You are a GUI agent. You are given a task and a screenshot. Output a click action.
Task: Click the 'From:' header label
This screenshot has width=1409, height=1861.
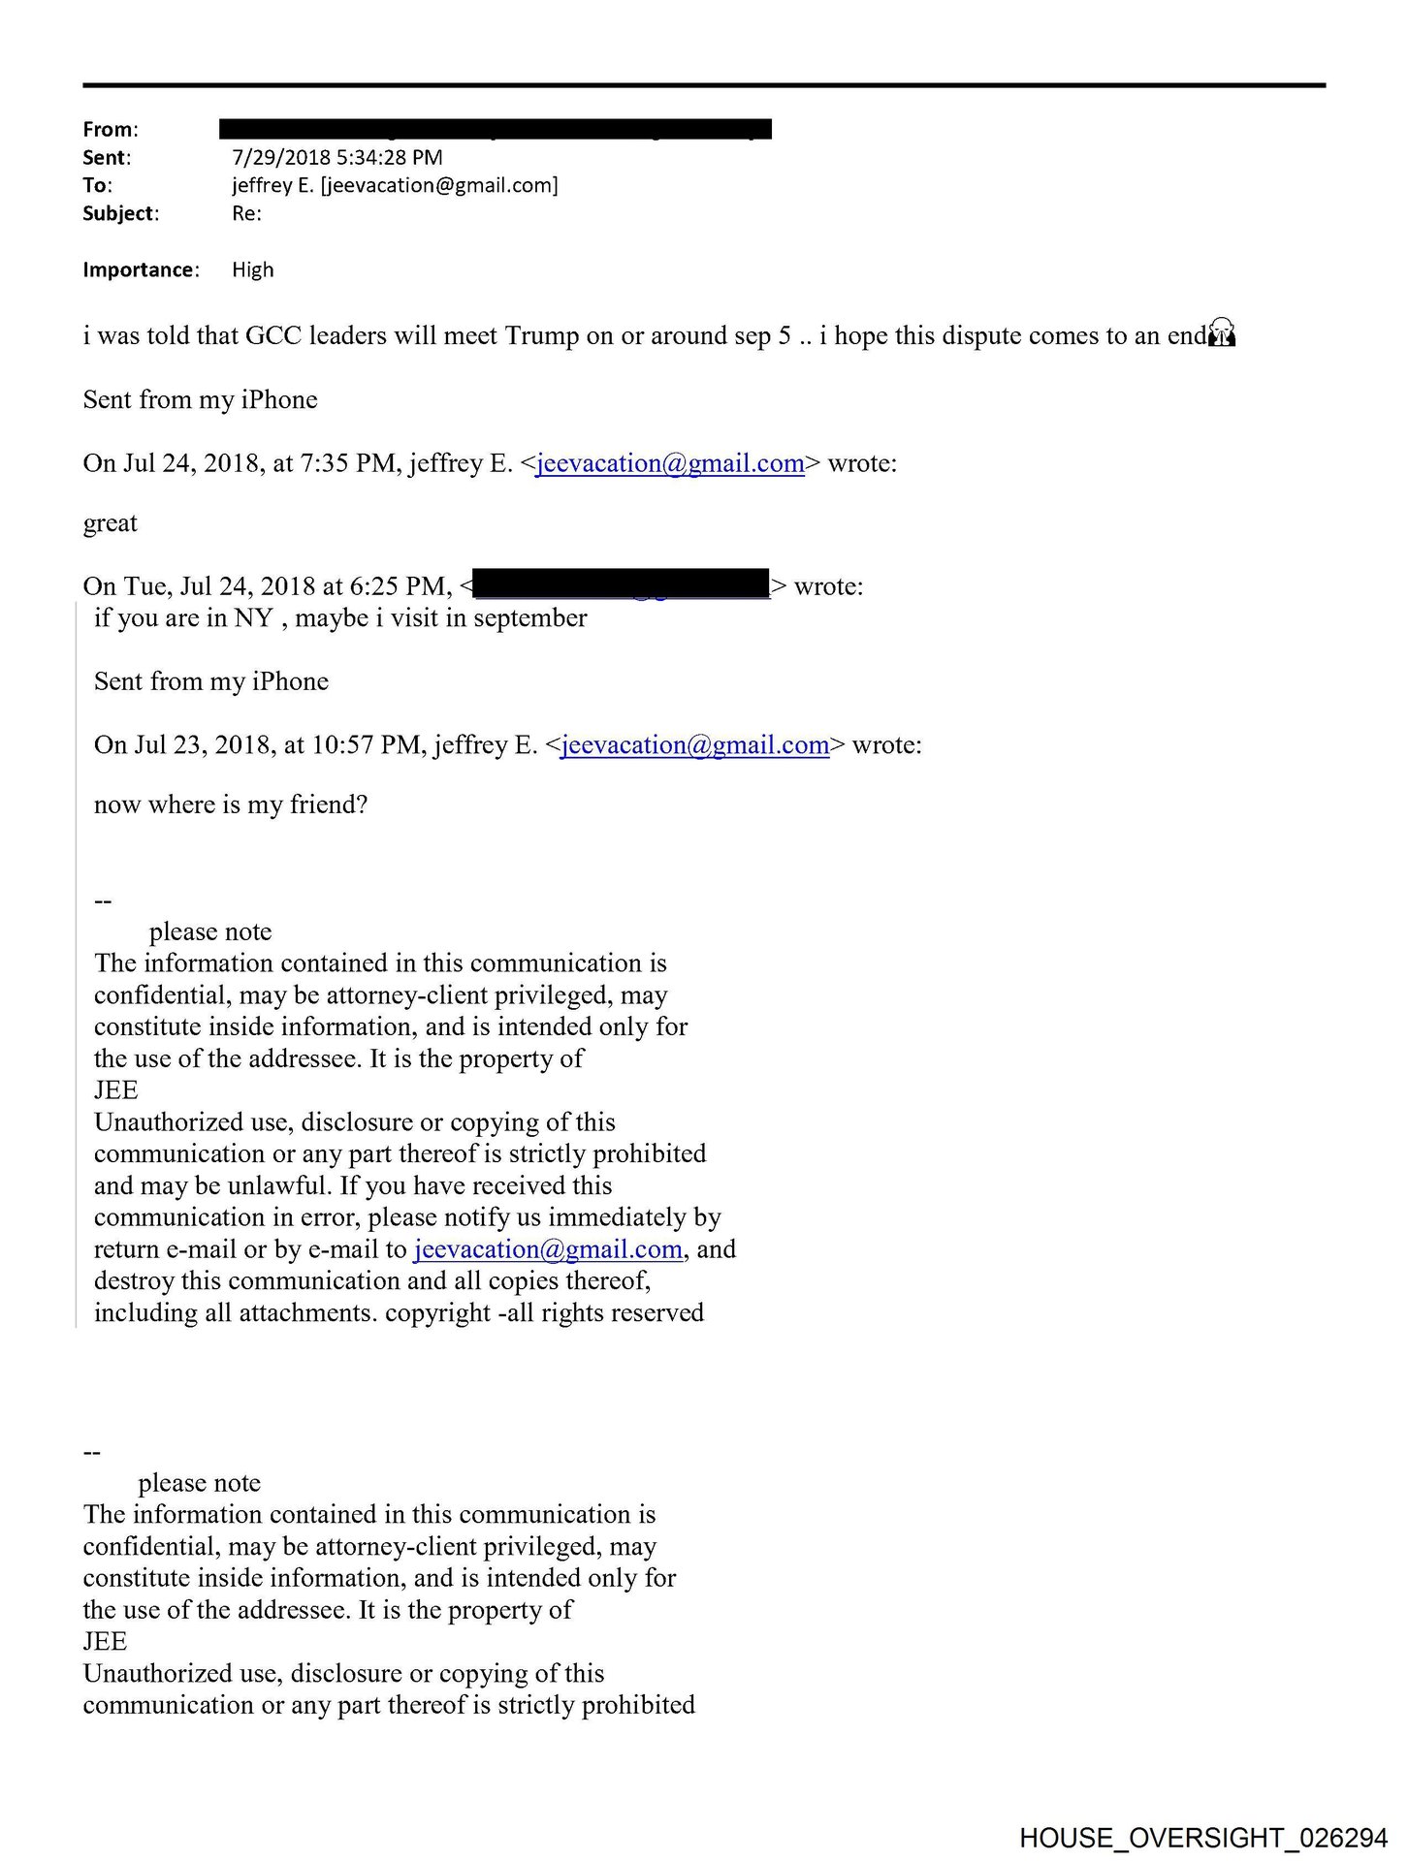click(110, 129)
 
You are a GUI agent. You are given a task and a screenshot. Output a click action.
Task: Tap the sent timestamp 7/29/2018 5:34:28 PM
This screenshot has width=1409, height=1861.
click(336, 157)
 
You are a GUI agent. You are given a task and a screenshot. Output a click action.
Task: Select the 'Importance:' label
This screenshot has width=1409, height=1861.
click(141, 269)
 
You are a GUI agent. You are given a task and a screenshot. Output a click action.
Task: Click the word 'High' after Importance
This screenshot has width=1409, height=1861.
click(252, 269)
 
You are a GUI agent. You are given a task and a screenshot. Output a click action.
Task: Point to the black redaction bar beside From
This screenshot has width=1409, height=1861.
click(495, 128)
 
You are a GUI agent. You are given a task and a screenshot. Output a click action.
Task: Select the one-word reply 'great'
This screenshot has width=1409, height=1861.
click(110, 523)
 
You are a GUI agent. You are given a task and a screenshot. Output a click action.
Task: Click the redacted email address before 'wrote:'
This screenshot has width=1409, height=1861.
click(622, 584)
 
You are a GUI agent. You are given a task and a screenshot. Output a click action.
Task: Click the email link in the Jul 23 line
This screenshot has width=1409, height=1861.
click(694, 744)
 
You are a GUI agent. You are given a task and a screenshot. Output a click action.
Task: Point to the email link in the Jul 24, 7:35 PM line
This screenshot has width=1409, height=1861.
click(669, 463)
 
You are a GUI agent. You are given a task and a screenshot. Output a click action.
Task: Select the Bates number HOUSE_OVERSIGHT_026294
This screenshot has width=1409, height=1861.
click(1202, 1837)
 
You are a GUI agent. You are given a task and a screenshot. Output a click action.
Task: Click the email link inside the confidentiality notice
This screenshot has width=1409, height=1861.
click(548, 1248)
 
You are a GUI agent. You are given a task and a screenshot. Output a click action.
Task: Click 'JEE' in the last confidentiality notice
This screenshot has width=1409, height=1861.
click(105, 1641)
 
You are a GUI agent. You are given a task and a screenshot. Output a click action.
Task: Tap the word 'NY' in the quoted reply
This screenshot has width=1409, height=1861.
click(253, 617)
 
